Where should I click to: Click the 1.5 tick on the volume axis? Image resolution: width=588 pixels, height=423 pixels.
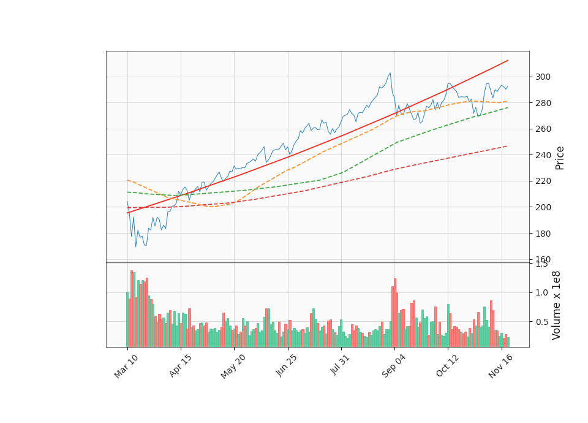coord(541,264)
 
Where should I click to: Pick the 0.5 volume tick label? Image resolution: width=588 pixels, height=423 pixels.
coord(541,321)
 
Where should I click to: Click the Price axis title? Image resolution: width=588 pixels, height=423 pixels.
coord(560,158)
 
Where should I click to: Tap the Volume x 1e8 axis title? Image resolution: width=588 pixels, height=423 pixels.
coord(556,305)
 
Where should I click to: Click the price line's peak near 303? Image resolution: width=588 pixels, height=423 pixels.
coord(390,73)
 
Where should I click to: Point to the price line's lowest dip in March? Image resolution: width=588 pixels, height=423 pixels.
coord(136,247)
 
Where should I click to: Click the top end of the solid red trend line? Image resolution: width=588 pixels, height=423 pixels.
coord(508,60)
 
